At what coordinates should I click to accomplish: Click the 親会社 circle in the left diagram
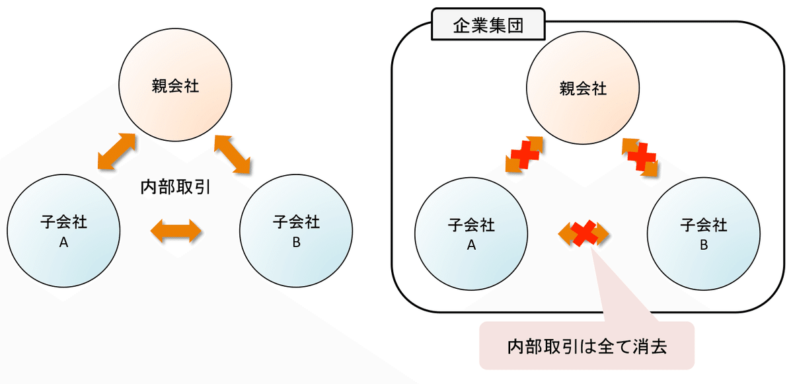click(174, 87)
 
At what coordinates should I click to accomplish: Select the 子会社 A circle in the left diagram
click(64, 232)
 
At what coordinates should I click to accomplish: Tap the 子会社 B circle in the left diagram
click(296, 232)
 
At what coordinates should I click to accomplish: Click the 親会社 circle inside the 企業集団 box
click(582, 89)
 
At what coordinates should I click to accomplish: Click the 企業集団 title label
click(488, 26)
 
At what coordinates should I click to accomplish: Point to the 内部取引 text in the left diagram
click(175, 187)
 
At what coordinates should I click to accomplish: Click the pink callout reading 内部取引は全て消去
click(587, 345)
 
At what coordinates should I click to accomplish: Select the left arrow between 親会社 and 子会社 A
click(116, 151)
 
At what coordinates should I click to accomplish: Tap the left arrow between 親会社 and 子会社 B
click(233, 153)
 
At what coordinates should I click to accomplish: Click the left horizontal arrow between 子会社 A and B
click(176, 231)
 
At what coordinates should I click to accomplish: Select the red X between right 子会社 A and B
click(583, 233)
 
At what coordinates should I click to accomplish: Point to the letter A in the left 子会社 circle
click(64, 243)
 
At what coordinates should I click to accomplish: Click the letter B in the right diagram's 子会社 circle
click(704, 245)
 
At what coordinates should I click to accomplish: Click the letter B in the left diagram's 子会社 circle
click(296, 243)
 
